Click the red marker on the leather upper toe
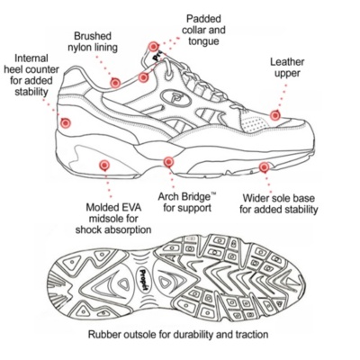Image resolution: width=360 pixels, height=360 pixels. (274, 115)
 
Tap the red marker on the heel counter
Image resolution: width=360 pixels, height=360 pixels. (66, 122)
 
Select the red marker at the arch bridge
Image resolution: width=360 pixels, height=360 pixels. (168, 162)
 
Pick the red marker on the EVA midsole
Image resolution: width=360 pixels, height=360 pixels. (104, 165)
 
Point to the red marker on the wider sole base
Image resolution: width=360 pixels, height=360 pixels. (264, 167)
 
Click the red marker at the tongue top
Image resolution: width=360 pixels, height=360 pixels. (153, 47)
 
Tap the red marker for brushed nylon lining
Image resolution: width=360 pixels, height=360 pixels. (115, 83)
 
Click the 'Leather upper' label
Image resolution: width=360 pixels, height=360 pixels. (287, 67)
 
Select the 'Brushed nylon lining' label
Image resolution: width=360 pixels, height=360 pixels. (93, 41)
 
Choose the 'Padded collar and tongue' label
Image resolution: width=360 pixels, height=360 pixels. (203, 30)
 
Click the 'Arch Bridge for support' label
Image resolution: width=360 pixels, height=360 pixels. (187, 202)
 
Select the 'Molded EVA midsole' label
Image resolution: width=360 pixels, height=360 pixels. (113, 219)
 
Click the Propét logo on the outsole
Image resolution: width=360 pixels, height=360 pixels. (144, 280)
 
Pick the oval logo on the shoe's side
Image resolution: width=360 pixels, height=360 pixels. (176, 98)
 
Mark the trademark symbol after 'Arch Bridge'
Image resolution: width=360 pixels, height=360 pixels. (213, 194)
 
